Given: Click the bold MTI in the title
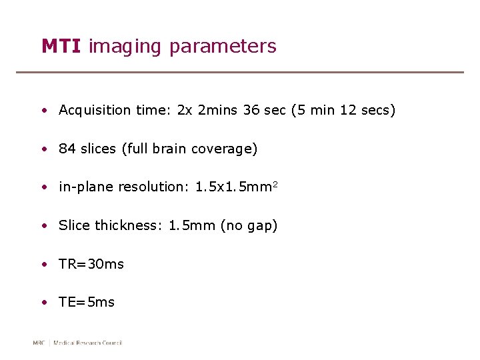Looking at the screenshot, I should [x=61, y=46].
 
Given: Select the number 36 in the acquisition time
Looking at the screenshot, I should [x=251, y=110].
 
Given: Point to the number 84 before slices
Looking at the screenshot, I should [x=67, y=149].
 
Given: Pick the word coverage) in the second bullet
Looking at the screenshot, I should [x=224, y=149].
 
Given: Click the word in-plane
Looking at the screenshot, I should [x=86, y=187].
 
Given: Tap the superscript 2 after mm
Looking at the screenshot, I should [x=274, y=184].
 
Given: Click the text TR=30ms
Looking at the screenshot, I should [x=91, y=264].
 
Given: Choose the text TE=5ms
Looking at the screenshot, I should [x=87, y=302].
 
